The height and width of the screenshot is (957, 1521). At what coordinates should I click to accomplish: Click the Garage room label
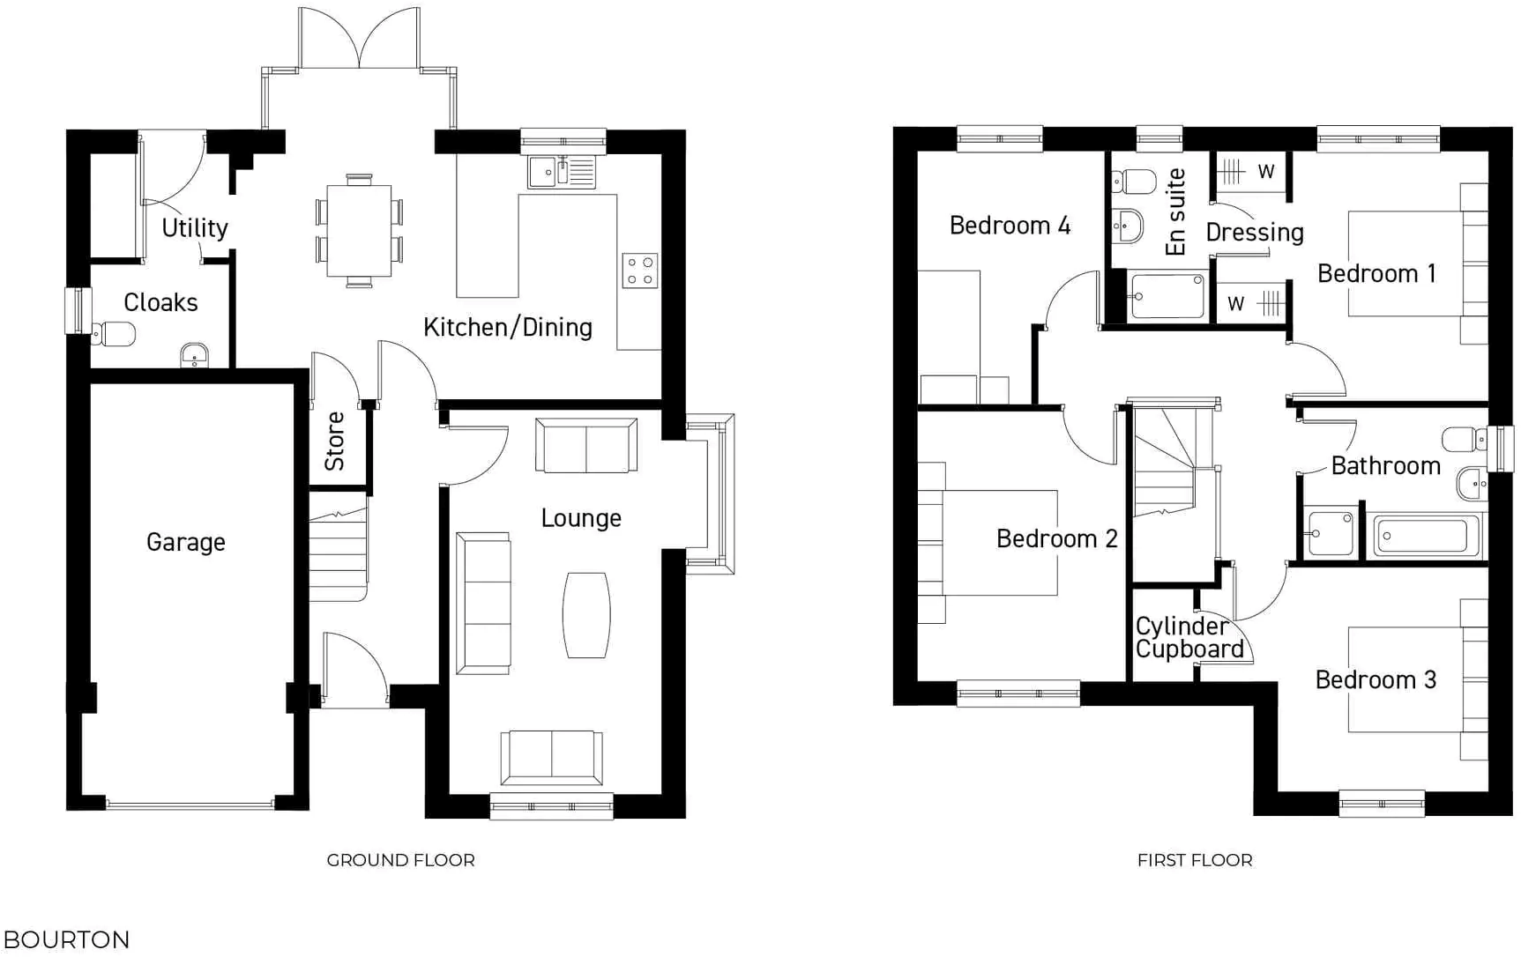[185, 542]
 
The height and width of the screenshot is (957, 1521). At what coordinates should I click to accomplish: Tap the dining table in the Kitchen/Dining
[358, 231]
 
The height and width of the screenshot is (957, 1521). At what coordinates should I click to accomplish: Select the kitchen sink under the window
[562, 173]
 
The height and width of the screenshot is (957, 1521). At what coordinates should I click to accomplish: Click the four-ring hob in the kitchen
[640, 271]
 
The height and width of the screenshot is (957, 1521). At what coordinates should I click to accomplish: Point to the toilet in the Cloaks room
[115, 335]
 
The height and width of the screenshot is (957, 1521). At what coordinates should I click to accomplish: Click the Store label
[335, 441]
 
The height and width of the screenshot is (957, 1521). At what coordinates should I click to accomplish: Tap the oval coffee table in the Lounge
[586, 615]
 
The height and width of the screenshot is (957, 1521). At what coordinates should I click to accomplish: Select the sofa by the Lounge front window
[552, 758]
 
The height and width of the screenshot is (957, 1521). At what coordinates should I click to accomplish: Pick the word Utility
[195, 228]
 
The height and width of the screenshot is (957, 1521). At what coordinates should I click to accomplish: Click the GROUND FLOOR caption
[400, 860]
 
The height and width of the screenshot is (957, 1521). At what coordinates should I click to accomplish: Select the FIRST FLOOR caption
[1194, 860]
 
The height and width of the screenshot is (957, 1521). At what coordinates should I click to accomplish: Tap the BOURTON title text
[67, 939]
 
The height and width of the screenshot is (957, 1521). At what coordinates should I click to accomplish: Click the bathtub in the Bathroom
[1425, 536]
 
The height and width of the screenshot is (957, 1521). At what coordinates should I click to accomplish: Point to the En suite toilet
[1135, 182]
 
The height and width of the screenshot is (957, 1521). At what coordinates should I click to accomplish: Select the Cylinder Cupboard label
[1189, 638]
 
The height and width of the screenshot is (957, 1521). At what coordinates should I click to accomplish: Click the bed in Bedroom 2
[988, 542]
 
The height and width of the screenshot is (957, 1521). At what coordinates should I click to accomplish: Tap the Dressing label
[1254, 233]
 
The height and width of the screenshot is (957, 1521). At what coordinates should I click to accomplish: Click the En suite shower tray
[1167, 296]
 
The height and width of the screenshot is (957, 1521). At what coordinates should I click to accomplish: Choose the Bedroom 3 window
[1382, 804]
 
